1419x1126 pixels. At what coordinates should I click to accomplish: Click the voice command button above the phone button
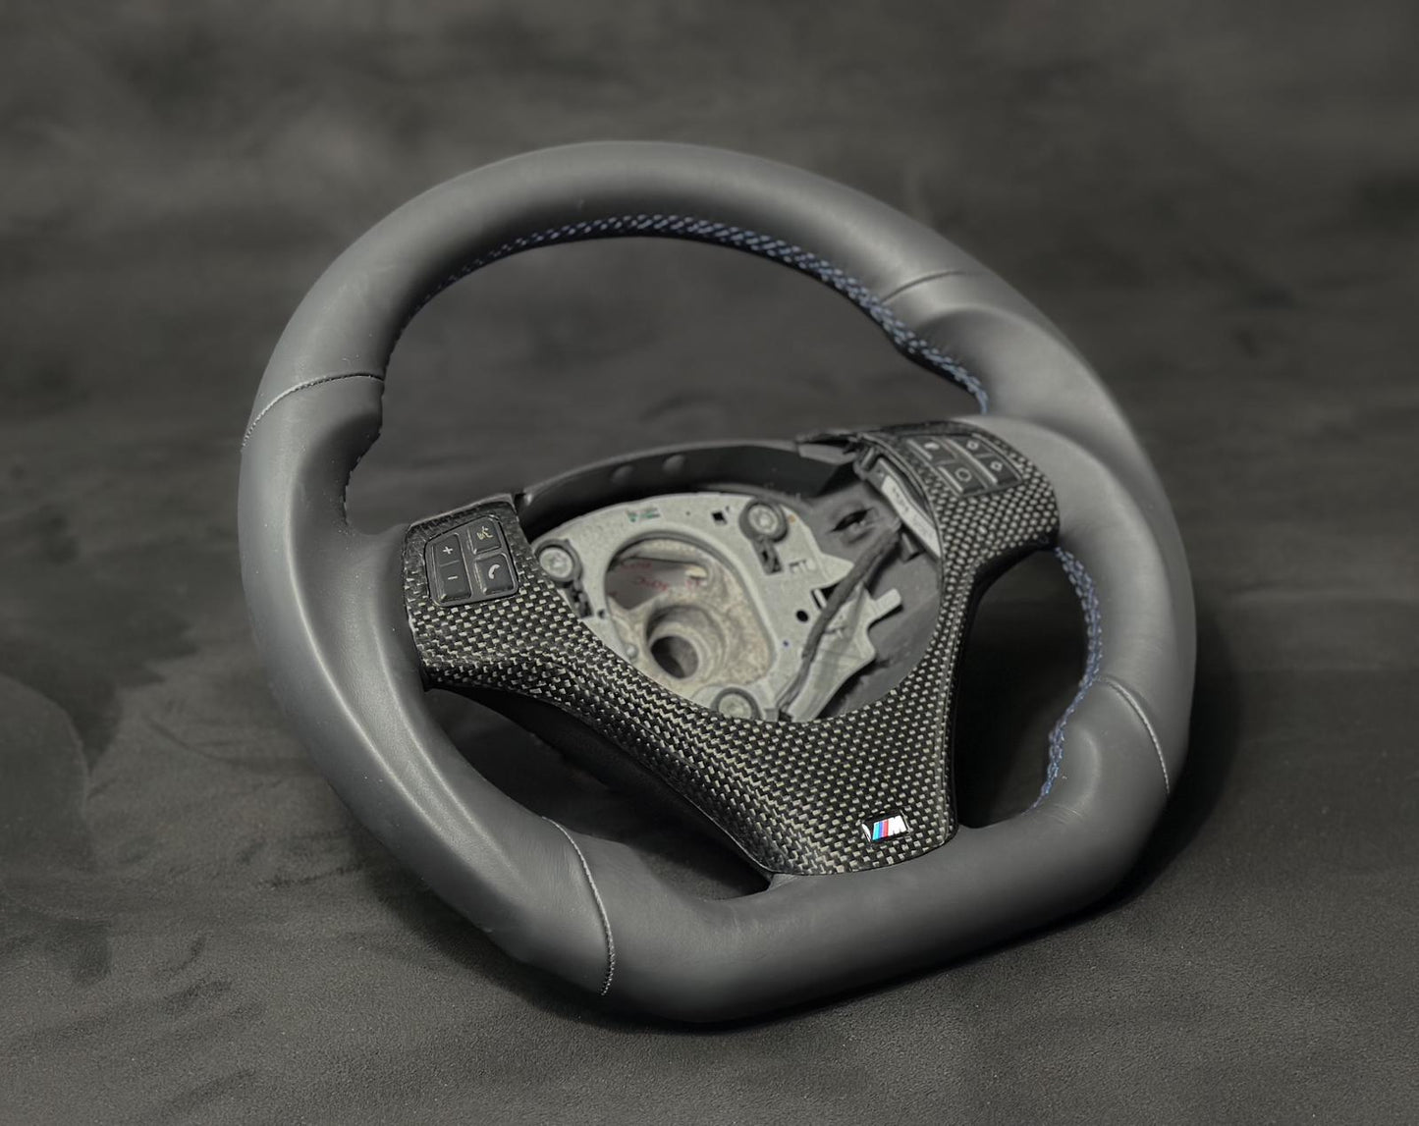pos(483,535)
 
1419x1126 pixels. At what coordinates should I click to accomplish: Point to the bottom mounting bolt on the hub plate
pos(724,703)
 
